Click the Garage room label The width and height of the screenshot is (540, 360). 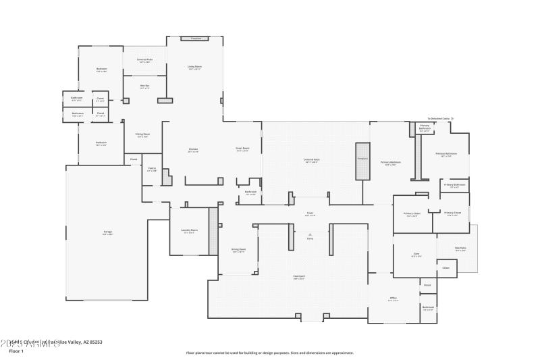pyautogui.click(x=107, y=232)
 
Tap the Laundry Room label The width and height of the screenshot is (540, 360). pyautogui.click(x=189, y=230)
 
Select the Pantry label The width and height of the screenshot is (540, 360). pyautogui.click(x=152, y=170)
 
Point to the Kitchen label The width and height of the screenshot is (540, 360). pyautogui.click(x=192, y=149)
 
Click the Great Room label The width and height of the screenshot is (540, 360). pyautogui.click(x=242, y=149)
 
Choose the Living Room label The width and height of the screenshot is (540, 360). pyautogui.click(x=194, y=67)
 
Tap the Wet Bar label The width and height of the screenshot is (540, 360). pyautogui.click(x=144, y=86)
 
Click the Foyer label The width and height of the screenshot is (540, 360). pyautogui.click(x=310, y=213)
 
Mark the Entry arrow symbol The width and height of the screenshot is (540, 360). pyautogui.click(x=310, y=234)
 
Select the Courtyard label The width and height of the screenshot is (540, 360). pyautogui.click(x=299, y=276)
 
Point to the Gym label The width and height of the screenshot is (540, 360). pyautogui.click(x=416, y=255)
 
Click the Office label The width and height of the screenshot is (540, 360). pyautogui.click(x=393, y=298)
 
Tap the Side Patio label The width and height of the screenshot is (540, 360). pyautogui.click(x=460, y=249)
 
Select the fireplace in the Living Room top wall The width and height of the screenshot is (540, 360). pyautogui.click(x=196, y=38)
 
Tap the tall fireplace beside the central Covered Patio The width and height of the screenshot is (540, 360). pyautogui.click(x=362, y=161)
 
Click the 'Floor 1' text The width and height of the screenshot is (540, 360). pyautogui.click(x=16, y=351)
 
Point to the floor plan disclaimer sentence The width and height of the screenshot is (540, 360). pyautogui.click(x=270, y=353)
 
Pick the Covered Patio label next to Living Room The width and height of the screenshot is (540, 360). pyautogui.click(x=144, y=60)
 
